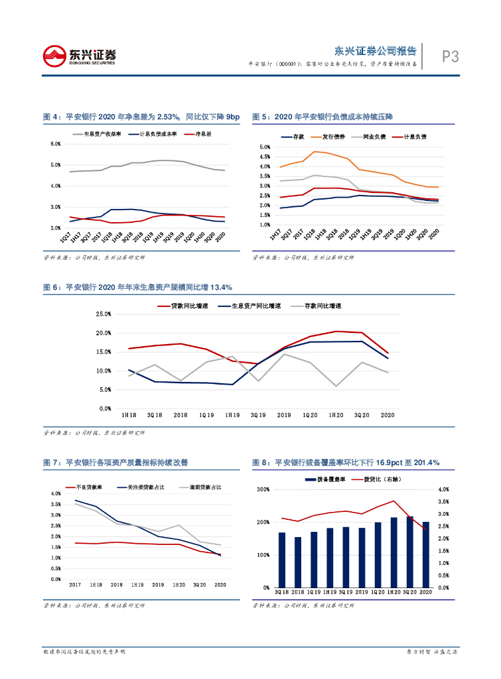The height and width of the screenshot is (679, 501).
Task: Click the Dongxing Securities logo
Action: point(80,56)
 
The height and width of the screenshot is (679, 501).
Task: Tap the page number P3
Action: point(451,58)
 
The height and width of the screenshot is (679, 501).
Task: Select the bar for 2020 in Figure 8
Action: point(426,554)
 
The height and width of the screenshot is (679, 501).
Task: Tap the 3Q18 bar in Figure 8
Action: point(281,560)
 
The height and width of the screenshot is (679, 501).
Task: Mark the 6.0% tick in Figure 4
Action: point(56,144)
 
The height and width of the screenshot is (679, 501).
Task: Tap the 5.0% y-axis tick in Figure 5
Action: point(263,147)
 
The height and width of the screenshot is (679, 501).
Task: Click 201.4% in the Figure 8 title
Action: point(424,463)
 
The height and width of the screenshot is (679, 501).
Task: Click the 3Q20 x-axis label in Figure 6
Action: point(361,414)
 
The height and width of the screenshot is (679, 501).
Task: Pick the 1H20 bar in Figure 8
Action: point(394,552)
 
